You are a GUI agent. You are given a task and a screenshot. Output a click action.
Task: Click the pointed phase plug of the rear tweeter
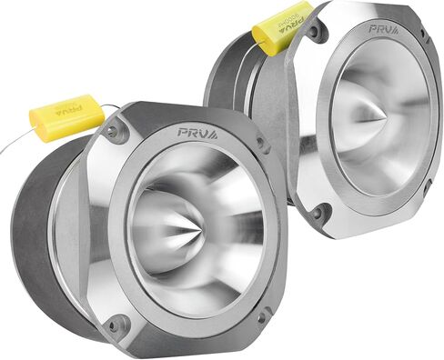click(x=381, y=118)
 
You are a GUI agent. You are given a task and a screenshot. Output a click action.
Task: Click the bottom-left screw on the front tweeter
click(x=114, y=324)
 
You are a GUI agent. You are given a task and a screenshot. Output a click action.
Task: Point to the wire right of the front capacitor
click(x=111, y=107)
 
